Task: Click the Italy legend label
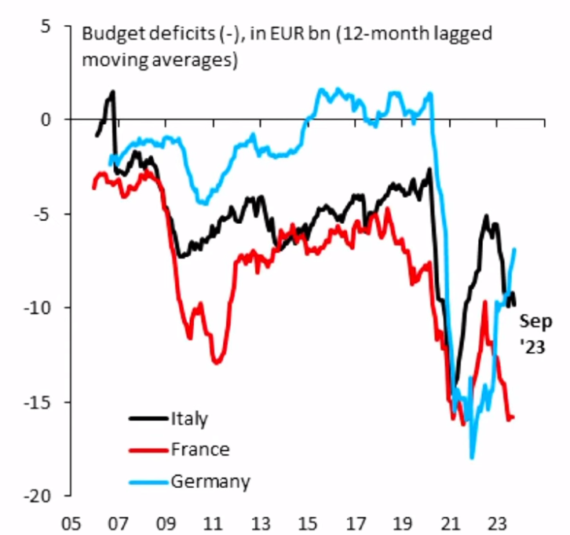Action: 189,419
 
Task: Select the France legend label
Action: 199,449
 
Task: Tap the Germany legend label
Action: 209,481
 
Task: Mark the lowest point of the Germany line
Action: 472,457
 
